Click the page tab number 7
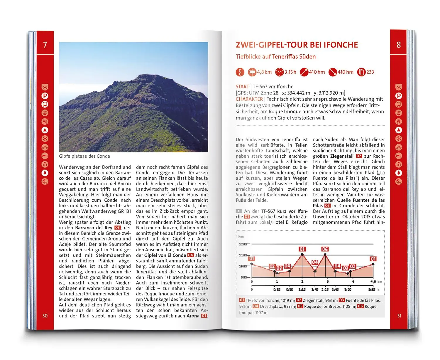45,45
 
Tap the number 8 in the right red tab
398,45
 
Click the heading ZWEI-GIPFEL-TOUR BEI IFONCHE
297,45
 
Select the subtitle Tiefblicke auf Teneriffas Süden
275,57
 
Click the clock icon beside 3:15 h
280,72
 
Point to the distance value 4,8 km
264,72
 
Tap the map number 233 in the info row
370,72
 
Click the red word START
242,87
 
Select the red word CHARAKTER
249,99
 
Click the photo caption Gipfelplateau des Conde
84,156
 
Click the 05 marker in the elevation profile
302,249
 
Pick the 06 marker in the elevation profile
325,249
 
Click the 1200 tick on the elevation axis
243,244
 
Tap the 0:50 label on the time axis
290,290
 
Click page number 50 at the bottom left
45,316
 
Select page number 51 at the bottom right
399,316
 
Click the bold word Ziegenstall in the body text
342,156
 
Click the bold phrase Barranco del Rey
94,228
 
